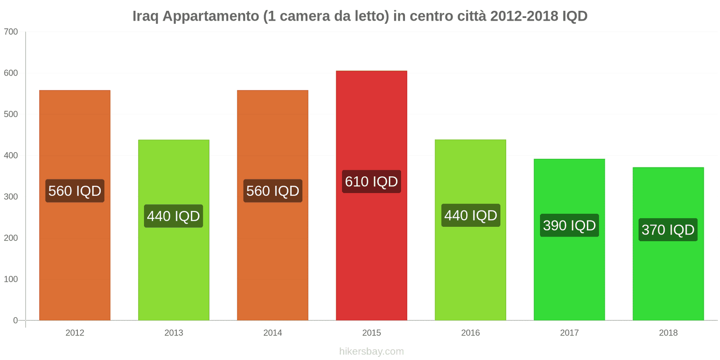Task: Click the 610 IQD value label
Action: [x=371, y=182]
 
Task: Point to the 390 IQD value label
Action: [x=569, y=225]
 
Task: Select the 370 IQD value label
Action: [x=668, y=230]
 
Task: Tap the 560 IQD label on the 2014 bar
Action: [x=273, y=191]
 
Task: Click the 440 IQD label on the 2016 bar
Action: [x=471, y=216]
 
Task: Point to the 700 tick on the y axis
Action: [x=11, y=32]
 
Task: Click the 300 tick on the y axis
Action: [x=11, y=197]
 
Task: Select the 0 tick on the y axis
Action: [x=15, y=320]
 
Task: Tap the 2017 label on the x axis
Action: [x=569, y=333]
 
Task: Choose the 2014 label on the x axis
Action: [x=273, y=333]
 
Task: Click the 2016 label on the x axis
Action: [x=471, y=333]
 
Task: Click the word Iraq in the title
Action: [x=145, y=16]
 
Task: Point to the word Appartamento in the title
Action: [x=211, y=16]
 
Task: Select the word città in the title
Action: [x=472, y=16]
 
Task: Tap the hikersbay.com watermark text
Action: [x=371, y=351]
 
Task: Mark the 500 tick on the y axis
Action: [x=11, y=114]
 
